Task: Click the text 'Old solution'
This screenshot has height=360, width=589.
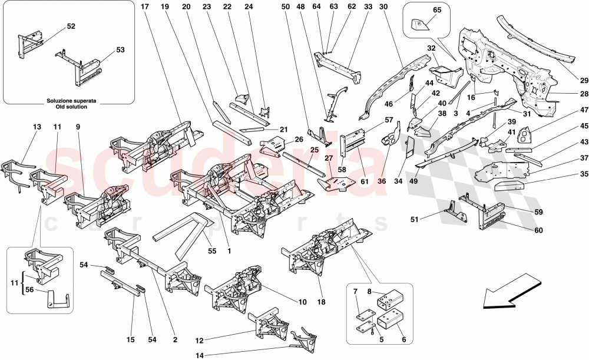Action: point(72,107)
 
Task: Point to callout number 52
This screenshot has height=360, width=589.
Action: point(71,27)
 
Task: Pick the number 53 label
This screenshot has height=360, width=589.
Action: point(120,51)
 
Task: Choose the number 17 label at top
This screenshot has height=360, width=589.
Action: point(144,7)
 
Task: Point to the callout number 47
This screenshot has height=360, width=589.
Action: point(567,110)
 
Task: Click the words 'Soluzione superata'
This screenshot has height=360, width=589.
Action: point(72,100)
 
